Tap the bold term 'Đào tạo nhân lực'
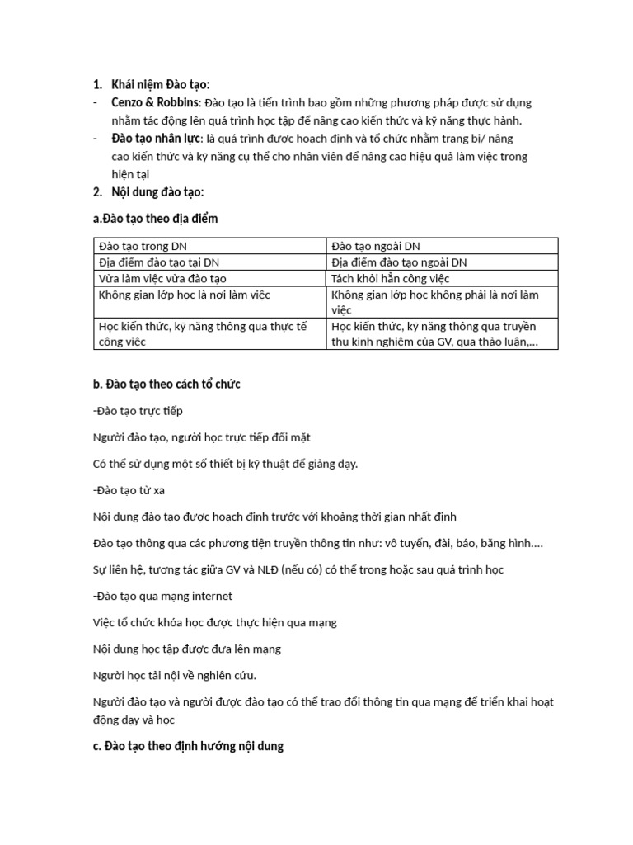pos(156,139)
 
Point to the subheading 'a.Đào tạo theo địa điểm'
pos(156,218)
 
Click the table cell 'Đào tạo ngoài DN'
pos(375,246)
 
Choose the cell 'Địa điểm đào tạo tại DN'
pos(158,262)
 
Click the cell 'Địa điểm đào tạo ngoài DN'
pos(399,262)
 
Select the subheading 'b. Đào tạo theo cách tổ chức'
pos(166,385)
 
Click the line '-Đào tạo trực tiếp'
pos(138,410)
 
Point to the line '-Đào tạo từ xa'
pos(129,490)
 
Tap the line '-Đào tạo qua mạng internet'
pos(163,596)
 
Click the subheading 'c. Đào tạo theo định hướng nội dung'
pos(188,746)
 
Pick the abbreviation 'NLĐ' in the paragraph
pos(267,569)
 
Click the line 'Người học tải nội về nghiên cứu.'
pos(176,675)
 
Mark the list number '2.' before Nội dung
pos(97,192)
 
